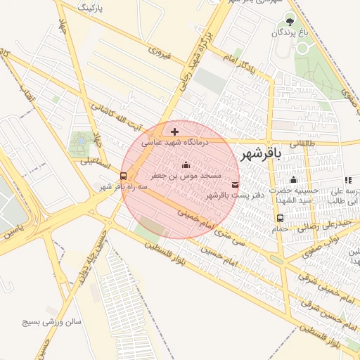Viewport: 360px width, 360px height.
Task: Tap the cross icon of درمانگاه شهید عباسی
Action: pos(174,131)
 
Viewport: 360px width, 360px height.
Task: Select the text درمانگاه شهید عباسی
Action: pos(176,142)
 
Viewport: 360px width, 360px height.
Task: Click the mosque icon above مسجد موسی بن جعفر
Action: pos(186,165)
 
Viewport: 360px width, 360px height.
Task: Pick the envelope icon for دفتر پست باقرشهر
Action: pos(234,184)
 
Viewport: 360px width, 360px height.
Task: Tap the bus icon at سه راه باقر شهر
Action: pos(124,176)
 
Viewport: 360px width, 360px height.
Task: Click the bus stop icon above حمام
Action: pos(281,218)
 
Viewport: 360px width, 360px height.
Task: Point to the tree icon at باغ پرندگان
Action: pos(290,21)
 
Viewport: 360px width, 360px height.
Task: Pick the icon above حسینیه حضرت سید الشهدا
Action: pos(293,180)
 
